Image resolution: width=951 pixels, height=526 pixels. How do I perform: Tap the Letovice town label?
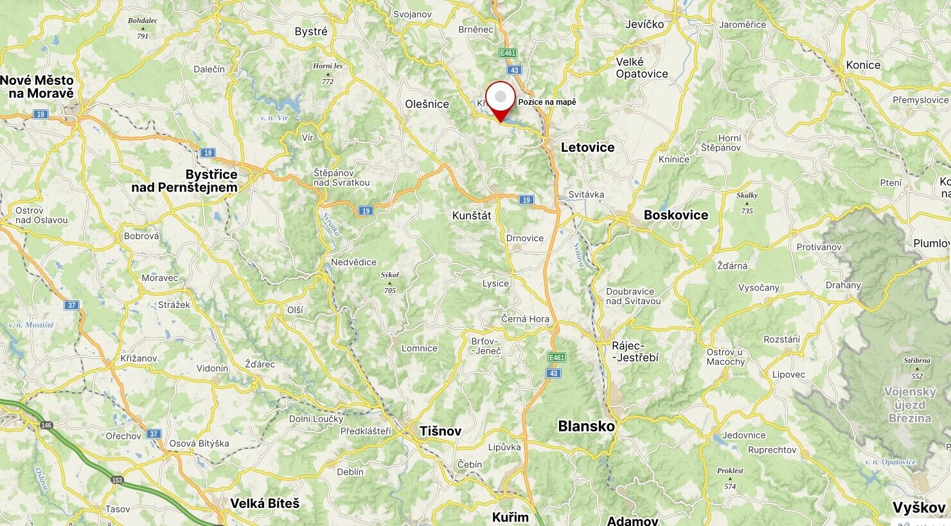pyautogui.click(x=587, y=147)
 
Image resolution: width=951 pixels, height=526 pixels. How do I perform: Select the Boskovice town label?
pyautogui.click(x=676, y=215)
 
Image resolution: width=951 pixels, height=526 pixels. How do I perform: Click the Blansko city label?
pyautogui.click(x=586, y=426)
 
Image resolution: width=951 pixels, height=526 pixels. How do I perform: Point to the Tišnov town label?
pyautogui.click(x=440, y=431)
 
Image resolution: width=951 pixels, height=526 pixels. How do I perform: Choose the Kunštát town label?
pyautogui.click(x=472, y=215)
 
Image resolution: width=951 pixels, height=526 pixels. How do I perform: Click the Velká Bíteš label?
pyautogui.click(x=265, y=503)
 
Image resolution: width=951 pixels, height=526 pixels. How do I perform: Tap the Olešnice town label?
pyautogui.click(x=427, y=104)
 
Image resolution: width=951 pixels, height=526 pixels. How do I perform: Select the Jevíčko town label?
pyautogui.click(x=644, y=24)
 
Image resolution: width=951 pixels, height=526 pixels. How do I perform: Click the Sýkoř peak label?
pyautogui.click(x=389, y=275)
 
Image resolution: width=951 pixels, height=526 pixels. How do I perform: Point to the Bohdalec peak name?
pyautogui.click(x=143, y=21)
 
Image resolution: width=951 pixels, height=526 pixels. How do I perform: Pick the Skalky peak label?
pyautogui.click(x=747, y=195)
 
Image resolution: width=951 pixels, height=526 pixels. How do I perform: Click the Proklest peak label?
pyautogui.click(x=730, y=471)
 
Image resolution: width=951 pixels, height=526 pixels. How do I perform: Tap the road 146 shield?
pyautogui.click(x=46, y=425)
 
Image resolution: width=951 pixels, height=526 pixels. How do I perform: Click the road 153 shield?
pyautogui.click(x=117, y=480)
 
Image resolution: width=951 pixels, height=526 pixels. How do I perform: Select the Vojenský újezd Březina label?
pyautogui.click(x=910, y=404)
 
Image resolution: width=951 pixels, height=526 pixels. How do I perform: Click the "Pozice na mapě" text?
pyautogui.click(x=547, y=102)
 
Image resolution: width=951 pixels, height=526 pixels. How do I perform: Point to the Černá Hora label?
pyautogui.click(x=525, y=319)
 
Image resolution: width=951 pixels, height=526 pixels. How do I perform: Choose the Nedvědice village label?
pyautogui.click(x=353, y=262)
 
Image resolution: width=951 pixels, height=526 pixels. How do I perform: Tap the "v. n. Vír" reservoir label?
pyautogui.click(x=274, y=118)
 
